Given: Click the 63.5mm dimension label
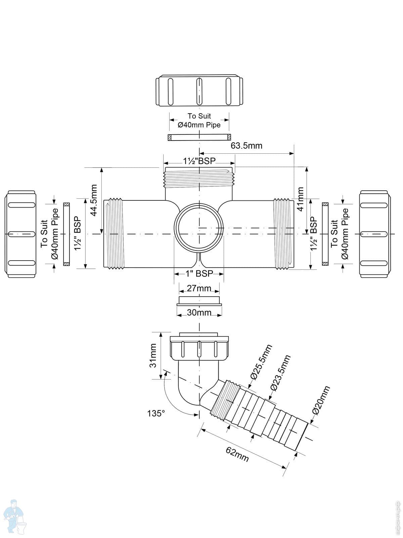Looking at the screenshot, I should click(x=246, y=146).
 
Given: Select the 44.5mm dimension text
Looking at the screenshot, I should click(x=94, y=200).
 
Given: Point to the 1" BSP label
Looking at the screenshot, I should click(x=199, y=274).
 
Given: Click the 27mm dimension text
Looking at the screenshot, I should click(x=199, y=289).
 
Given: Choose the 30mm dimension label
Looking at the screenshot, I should click(x=199, y=313).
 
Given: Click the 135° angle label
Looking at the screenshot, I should click(x=156, y=413).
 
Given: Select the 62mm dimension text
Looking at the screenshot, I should click(x=237, y=455).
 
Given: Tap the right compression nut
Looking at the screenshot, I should click(x=375, y=233).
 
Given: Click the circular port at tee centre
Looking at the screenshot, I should click(x=199, y=229).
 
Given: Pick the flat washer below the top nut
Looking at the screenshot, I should click(x=199, y=137).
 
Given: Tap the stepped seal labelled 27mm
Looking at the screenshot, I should click(x=199, y=301).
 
